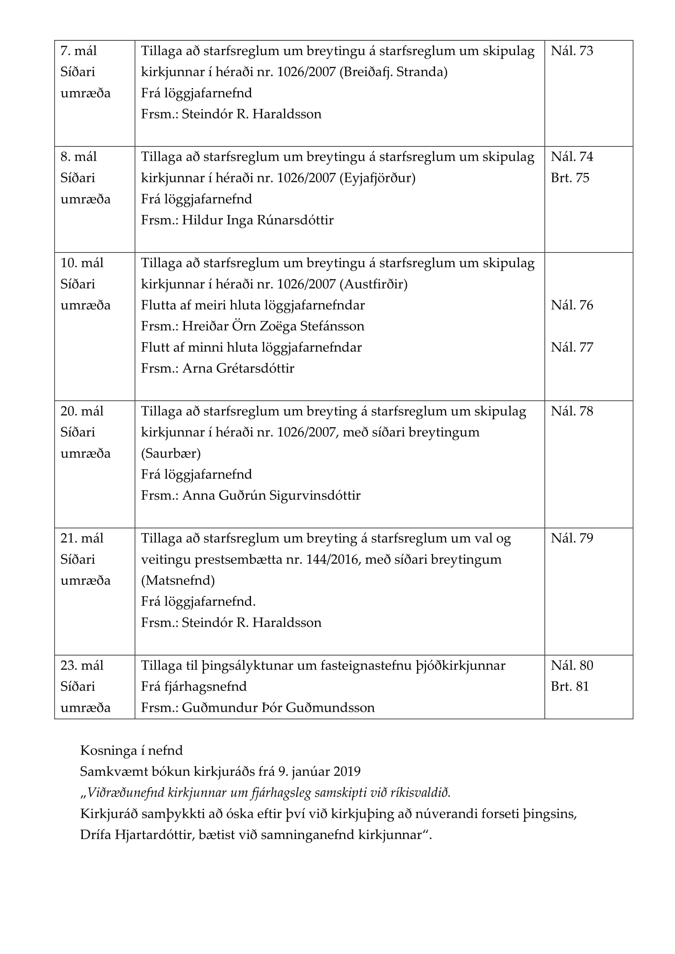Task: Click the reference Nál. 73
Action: coord(571,51)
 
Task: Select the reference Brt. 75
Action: coord(570,178)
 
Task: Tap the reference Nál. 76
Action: coord(571,305)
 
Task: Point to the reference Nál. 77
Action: coord(571,348)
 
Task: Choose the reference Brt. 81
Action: coord(570,686)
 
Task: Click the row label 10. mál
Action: coord(82,263)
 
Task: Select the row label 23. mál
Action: coord(82,665)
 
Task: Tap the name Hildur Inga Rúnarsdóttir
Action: coord(258,220)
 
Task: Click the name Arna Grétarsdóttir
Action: coord(238,369)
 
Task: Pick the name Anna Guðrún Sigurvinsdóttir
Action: coord(271,495)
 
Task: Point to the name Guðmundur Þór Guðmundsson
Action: coord(278,708)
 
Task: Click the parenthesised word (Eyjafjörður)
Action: coord(377,178)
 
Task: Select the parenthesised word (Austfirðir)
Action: coord(373,284)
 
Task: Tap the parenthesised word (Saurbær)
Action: coord(171,453)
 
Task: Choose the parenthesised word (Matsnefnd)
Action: coord(178,580)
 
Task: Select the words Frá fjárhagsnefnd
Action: coord(194,686)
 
